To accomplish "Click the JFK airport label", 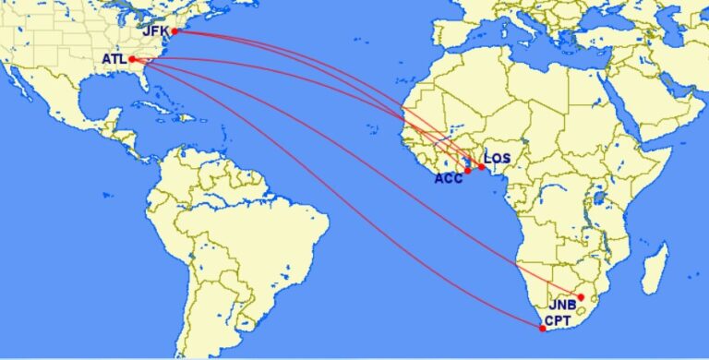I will point(155,30).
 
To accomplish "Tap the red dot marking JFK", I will point(174,31).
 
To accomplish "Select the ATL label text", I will point(114,60).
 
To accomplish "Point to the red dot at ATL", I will point(132,60).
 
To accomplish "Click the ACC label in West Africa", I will point(449,179).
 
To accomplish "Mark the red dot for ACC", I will point(468,171).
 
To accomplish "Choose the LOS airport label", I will point(498,158).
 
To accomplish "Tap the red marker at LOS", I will point(481,167).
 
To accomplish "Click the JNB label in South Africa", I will point(563,305).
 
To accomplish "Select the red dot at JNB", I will point(581,296).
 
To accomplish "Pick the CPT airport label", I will point(558,321).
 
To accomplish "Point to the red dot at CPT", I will point(542,328).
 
